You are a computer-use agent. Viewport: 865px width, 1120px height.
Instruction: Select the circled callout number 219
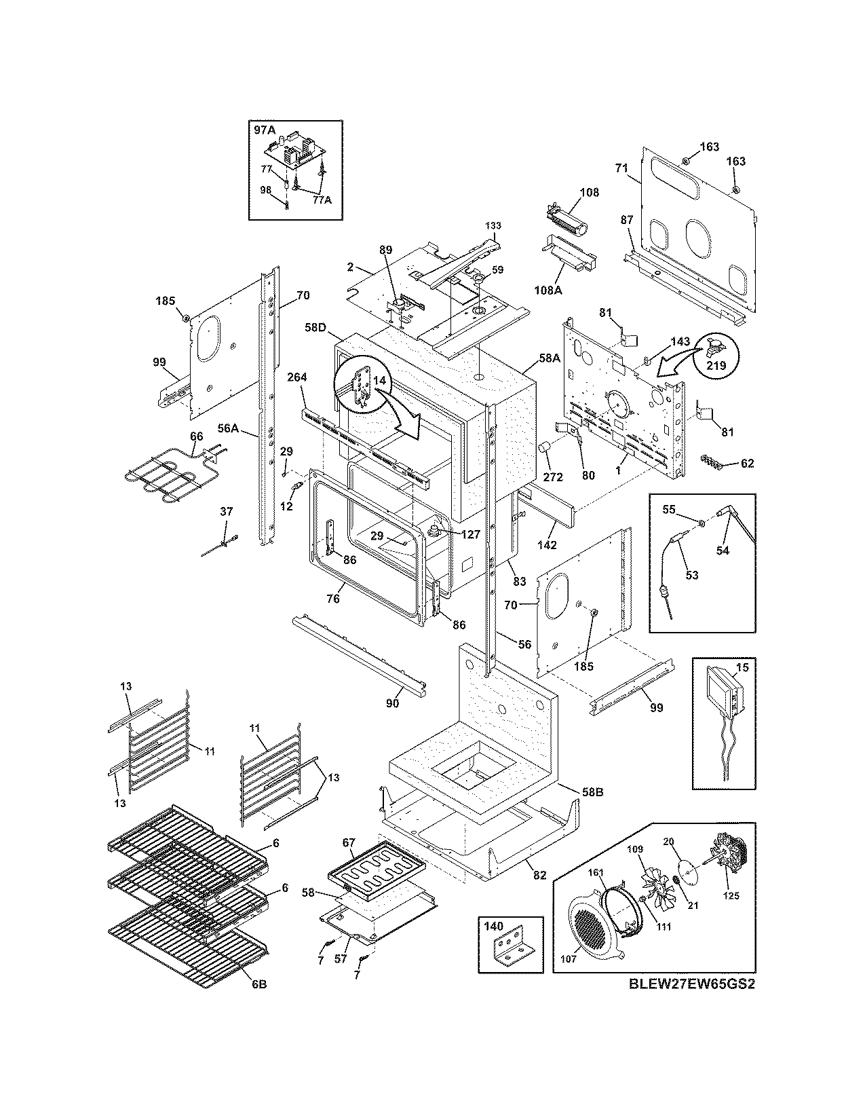[x=716, y=365]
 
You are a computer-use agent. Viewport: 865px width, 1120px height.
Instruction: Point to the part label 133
[x=493, y=225]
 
